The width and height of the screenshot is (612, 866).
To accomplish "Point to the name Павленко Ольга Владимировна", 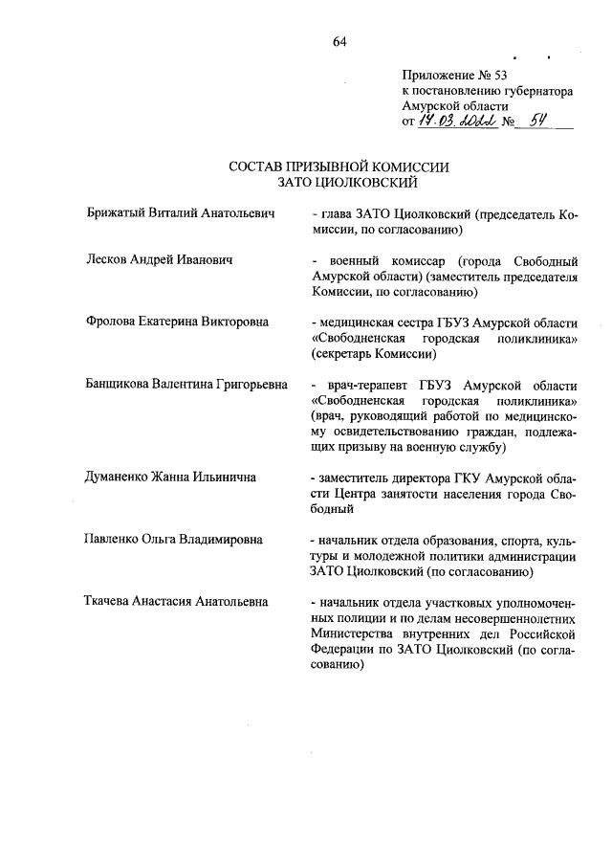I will tap(173, 540).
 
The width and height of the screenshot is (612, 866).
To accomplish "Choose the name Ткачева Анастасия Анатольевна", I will tap(176, 602).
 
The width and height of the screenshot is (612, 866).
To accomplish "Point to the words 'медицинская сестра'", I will tap(377, 322).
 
